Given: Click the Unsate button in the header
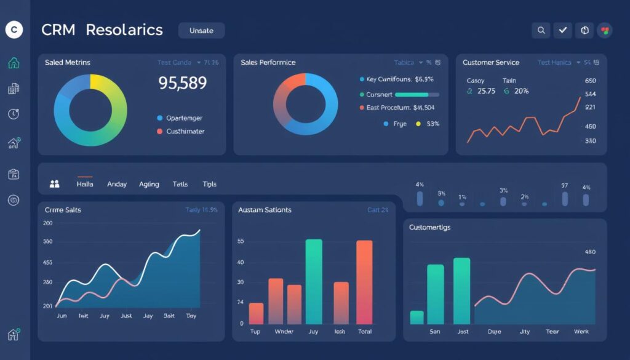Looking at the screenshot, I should point(201,30).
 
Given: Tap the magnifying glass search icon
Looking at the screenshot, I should point(541,30).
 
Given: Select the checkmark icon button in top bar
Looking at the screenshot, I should point(562,30).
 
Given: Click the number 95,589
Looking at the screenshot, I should point(182,83).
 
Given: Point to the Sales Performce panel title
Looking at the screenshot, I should point(268,63).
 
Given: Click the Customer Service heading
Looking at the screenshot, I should point(491,63).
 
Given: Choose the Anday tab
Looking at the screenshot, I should point(117,184).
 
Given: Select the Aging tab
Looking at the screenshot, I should point(149,184).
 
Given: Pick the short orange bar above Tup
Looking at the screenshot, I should point(256,313).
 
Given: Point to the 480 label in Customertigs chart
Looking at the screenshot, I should point(589,252).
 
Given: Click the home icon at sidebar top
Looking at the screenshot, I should point(14,63).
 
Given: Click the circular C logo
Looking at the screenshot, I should point(14,30).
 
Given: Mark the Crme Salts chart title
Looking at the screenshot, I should point(63,210).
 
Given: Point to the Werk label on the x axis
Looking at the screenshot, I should point(581,332).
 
